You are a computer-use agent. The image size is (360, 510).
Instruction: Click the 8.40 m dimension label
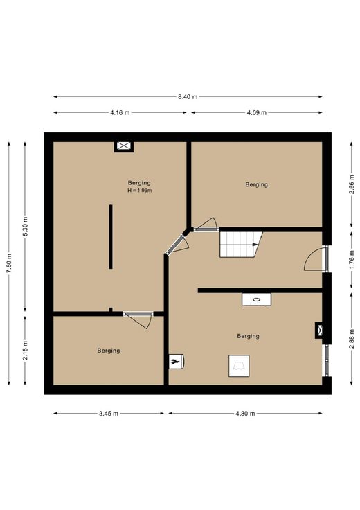point(188,96)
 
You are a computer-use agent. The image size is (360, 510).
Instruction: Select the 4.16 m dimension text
point(120,112)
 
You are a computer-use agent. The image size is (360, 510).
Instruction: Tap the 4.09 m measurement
point(256,112)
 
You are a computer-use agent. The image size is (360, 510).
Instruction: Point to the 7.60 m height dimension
point(9,263)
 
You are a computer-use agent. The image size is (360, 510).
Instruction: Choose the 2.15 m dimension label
point(26,351)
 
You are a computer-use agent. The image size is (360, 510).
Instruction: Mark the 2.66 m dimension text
point(352,184)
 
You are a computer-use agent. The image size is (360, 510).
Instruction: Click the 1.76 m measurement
point(352,260)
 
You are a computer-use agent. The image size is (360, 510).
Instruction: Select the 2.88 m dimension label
point(352,339)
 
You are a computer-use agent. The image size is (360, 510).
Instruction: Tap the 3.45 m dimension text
point(109,414)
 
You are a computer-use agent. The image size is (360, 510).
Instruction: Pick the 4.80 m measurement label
point(245,414)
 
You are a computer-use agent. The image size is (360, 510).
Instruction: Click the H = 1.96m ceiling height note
point(140,191)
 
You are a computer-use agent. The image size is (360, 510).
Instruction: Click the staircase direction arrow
point(255,245)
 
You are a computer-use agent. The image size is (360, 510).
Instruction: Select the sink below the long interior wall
point(256,299)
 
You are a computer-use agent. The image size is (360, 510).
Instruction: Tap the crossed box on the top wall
point(124,146)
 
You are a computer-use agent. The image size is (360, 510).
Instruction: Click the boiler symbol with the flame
point(177,361)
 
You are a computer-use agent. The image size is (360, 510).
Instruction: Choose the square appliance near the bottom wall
point(239,366)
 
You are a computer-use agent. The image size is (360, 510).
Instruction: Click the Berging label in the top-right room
point(257,185)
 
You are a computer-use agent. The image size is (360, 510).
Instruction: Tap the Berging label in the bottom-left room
point(109,351)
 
